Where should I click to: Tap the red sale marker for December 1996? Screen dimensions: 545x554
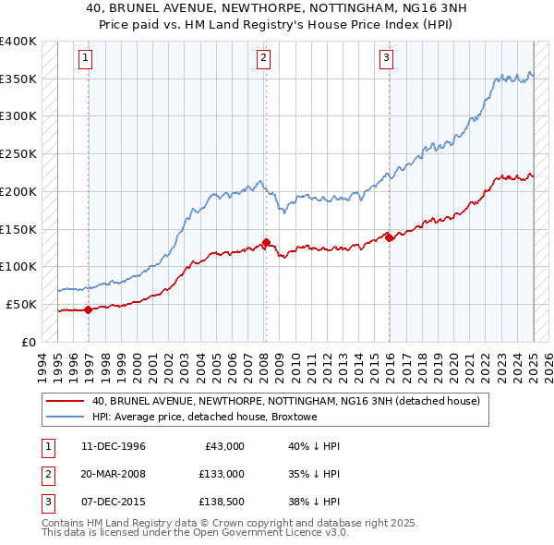(x=89, y=309)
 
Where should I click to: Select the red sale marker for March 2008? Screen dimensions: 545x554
(x=266, y=243)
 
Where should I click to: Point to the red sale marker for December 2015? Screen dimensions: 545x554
(x=389, y=237)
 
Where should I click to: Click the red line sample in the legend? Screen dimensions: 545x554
(x=65, y=402)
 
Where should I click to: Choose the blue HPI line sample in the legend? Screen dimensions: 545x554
(x=65, y=417)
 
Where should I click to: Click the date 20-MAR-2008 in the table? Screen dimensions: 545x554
(x=113, y=474)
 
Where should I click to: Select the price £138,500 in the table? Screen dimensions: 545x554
(x=222, y=503)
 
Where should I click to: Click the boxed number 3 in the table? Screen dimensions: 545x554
(x=46, y=503)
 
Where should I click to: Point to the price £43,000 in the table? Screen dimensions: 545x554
(x=224, y=446)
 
